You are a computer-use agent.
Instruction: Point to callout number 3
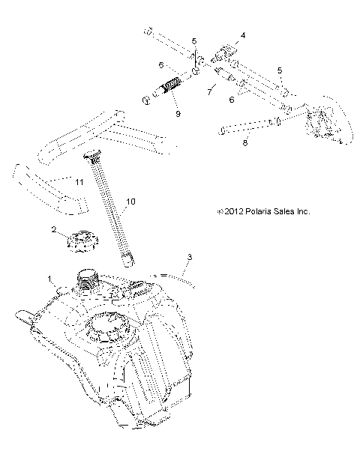pos(189,257)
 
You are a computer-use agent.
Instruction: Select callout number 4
pos(242,35)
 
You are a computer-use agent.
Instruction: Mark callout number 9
pos(177,113)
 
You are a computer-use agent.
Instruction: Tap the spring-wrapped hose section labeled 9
pos(170,88)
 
